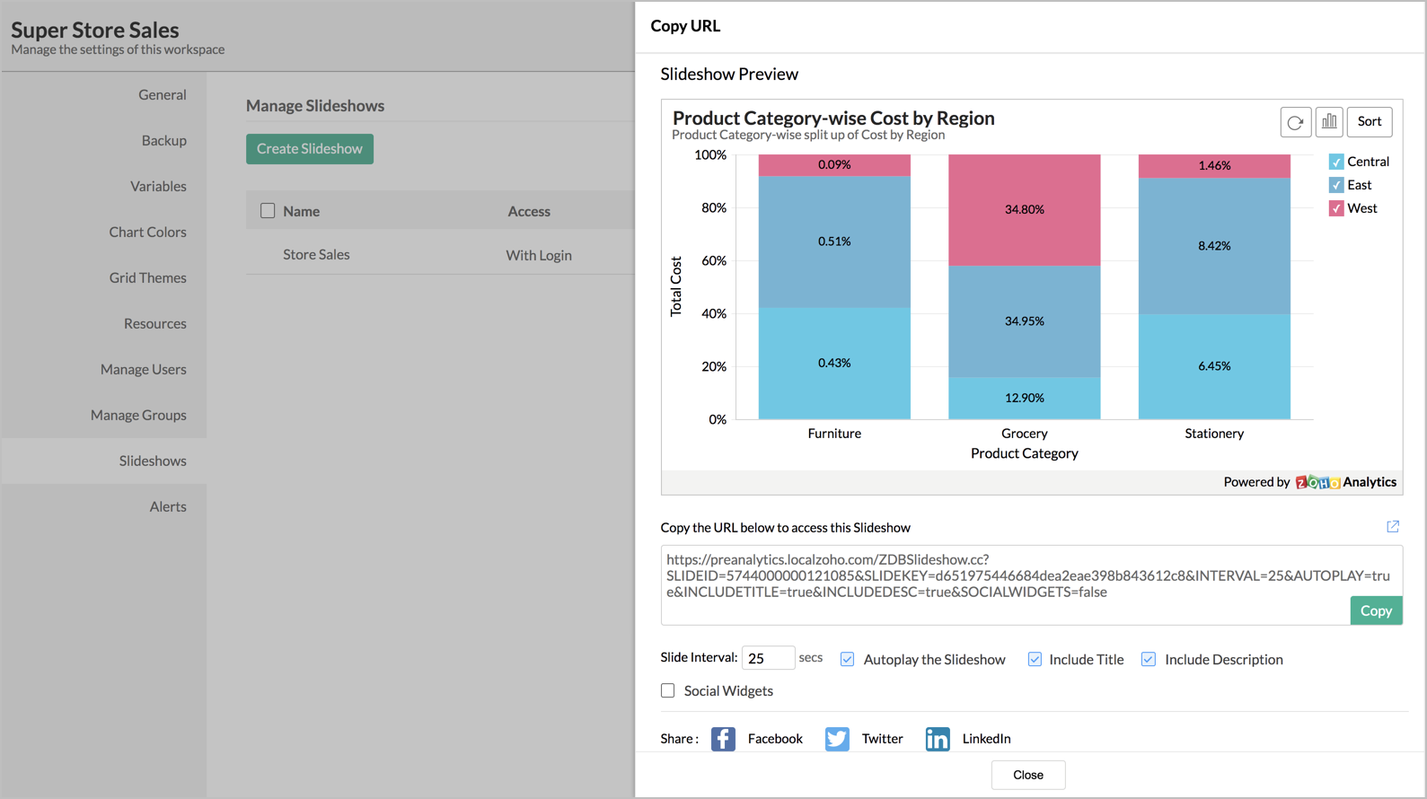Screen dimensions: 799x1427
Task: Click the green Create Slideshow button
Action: (310, 149)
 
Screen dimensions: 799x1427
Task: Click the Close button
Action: (1027, 775)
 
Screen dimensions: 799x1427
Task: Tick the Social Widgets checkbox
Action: (668, 690)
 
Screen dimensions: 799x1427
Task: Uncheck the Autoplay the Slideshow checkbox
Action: (847, 659)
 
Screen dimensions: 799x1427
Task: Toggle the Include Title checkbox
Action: (1035, 659)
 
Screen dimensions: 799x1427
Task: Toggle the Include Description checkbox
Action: (1148, 659)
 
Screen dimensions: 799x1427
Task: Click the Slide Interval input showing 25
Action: (768, 658)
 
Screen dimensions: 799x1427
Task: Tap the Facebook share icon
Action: (723, 739)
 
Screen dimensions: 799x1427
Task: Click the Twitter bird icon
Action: (837, 739)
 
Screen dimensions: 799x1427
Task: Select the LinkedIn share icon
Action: (938, 739)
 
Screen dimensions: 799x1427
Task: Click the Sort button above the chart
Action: (1369, 122)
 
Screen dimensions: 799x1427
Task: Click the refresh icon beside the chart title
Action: (1295, 122)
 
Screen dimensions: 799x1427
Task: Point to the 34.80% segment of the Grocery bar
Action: (1024, 210)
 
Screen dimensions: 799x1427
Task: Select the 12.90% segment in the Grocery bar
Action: (1024, 398)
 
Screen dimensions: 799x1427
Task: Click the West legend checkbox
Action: (1336, 208)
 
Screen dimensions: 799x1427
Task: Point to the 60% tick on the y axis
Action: (714, 260)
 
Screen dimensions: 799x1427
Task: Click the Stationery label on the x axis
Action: (1214, 434)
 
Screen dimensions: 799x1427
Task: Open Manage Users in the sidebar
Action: (144, 369)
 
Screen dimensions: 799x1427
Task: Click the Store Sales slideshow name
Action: (316, 255)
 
